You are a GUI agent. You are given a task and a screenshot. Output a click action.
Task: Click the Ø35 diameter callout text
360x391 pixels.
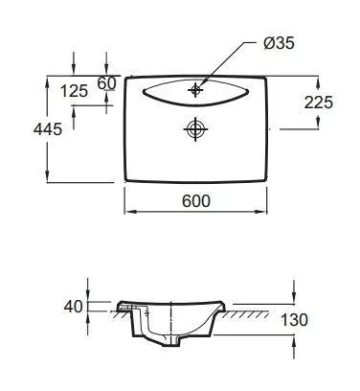[279, 43]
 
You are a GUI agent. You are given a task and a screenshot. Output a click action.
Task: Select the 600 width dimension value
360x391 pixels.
[196, 201]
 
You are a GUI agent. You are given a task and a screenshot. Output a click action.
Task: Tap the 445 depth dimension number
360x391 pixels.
[48, 129]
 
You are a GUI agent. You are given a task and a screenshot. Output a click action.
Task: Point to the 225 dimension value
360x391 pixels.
[319, 103]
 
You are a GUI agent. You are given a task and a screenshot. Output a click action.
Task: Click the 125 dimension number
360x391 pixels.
[74, 91]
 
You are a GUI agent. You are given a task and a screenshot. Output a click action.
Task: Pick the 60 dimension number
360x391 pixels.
[106, 83]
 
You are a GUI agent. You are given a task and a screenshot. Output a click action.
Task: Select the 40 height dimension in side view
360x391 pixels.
[73, 307]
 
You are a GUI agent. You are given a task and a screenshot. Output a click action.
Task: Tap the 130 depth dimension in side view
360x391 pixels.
[294, 320]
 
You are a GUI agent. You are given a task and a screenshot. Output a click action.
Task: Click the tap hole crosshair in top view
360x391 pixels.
[195, 90]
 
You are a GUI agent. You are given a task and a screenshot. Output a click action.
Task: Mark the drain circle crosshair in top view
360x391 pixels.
[195, 129]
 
